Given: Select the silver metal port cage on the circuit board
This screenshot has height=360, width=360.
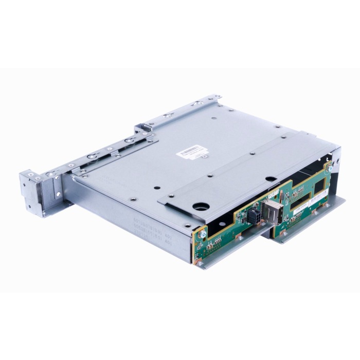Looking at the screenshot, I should click(271, 211).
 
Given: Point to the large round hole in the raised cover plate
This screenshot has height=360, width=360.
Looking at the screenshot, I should click(199, 207).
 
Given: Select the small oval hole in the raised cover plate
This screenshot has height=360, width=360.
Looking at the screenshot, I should click(268, 178).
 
